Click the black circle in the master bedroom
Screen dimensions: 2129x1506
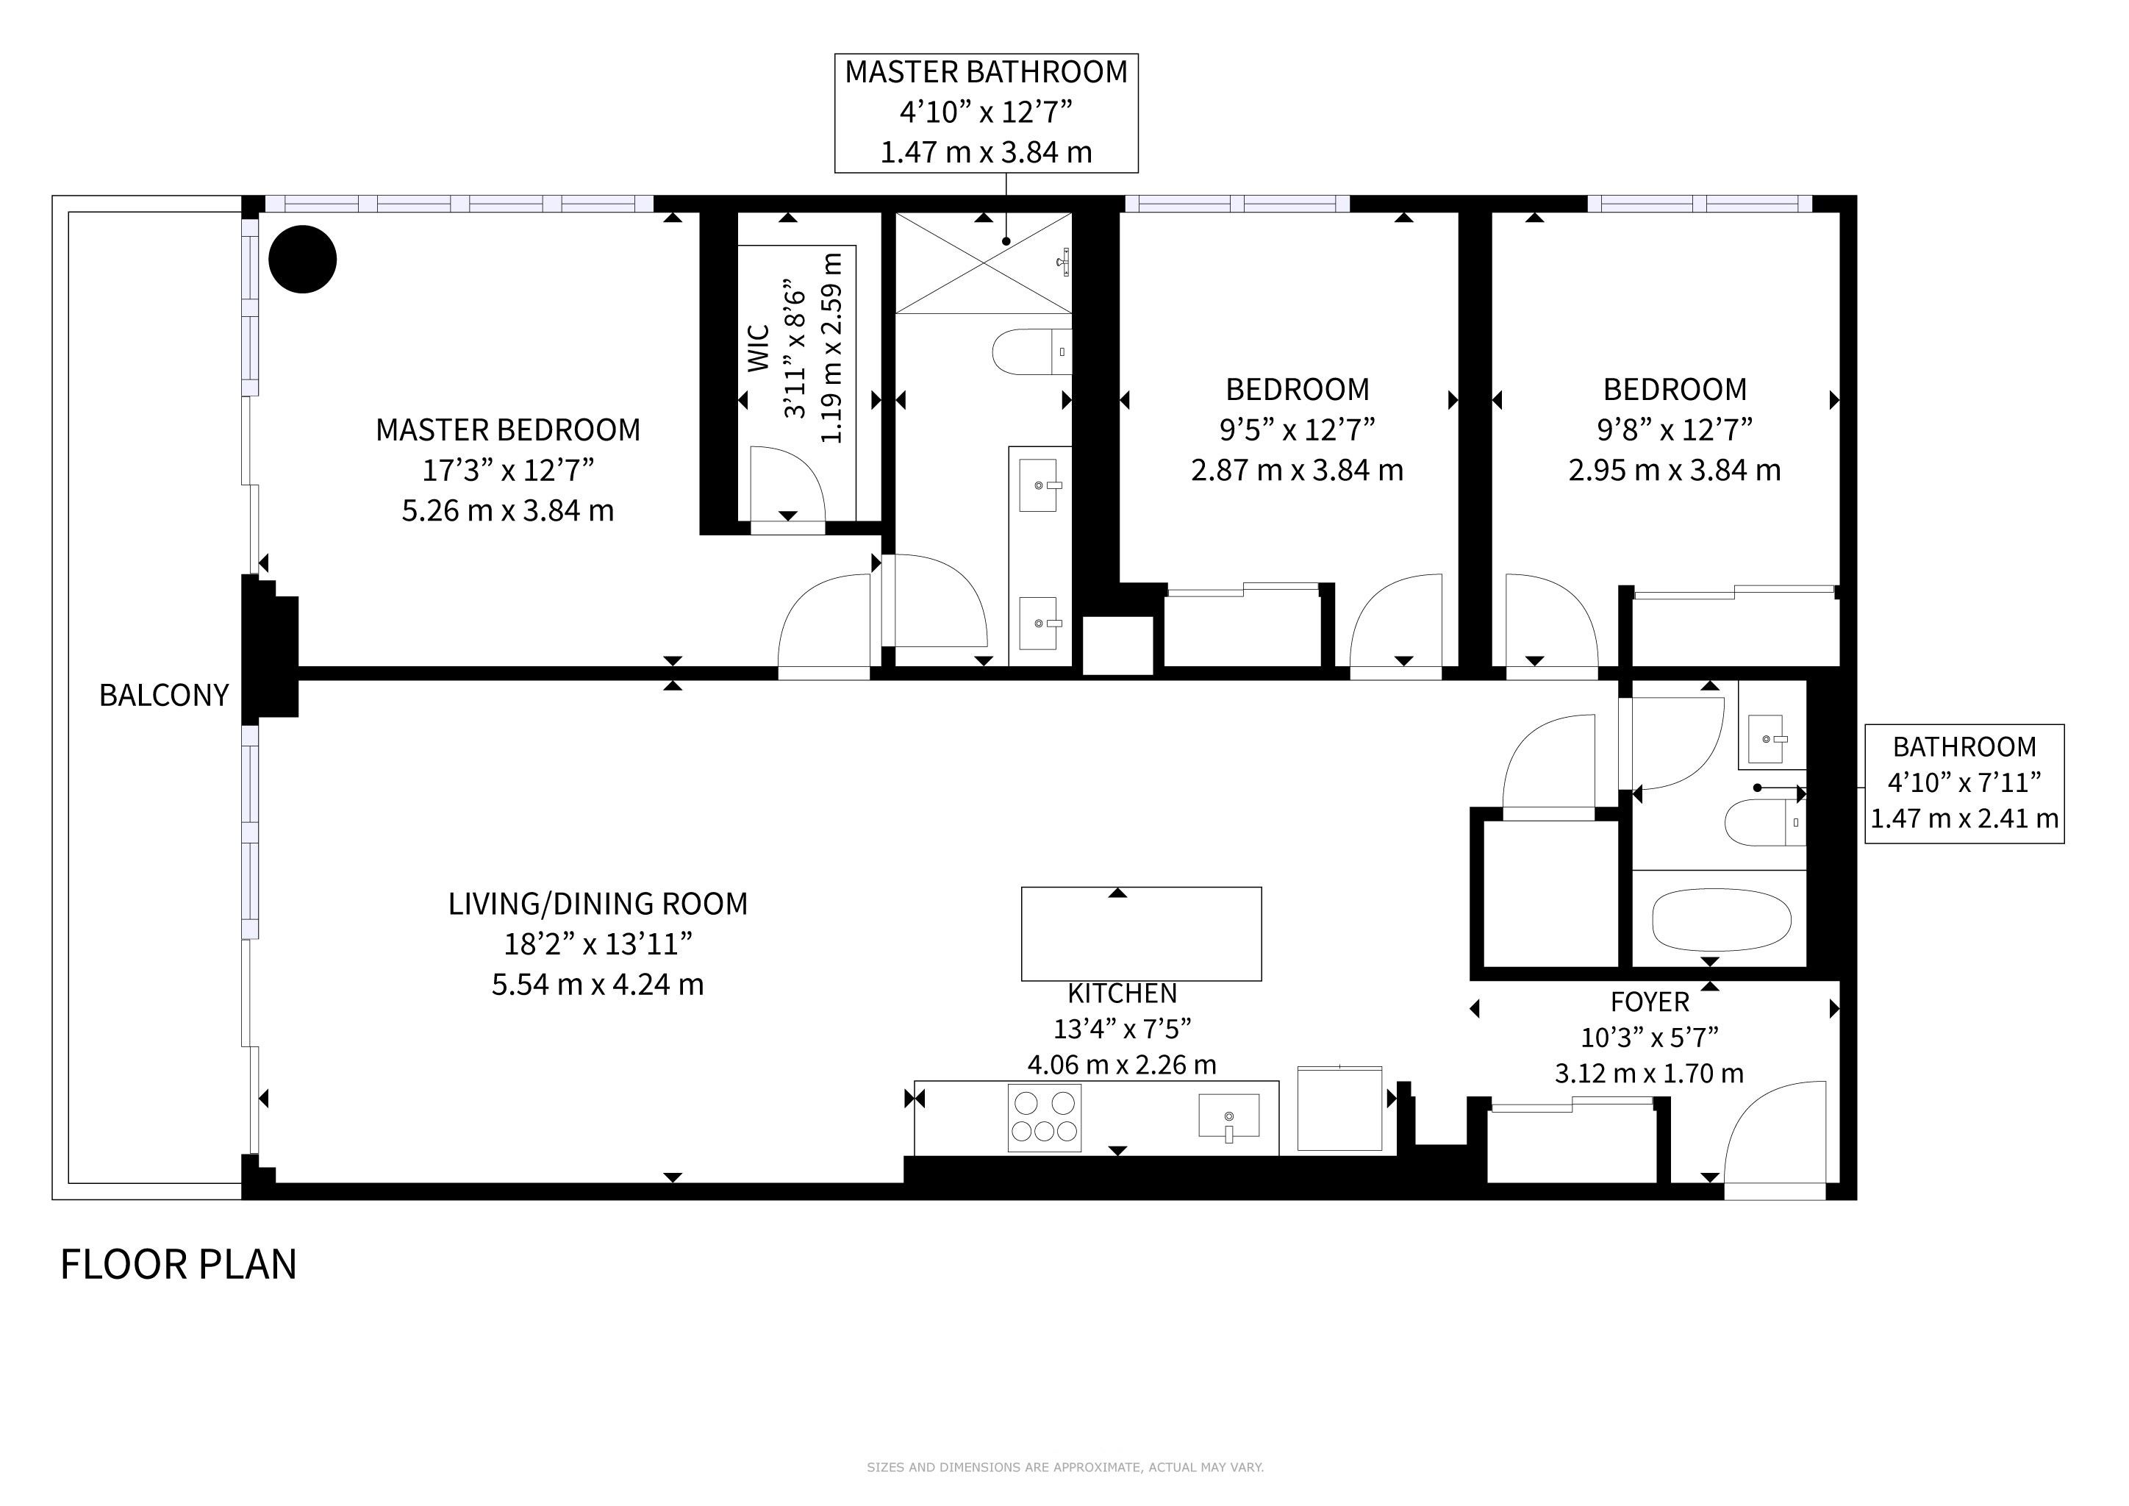pyautogui.click(x=302, y=260)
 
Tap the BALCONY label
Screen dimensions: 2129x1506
pyautogui.click(x=164, y=695)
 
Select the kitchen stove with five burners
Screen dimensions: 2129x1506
pyautogui.click(x=1044, y=1118)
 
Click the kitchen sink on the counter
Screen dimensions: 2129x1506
pyautogui.click(x=1228, y=1116)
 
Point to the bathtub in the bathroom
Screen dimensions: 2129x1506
pyautogui.click(x=1721, y=920)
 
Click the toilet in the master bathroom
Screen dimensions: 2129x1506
pyautogui.click(x=1032, y=351)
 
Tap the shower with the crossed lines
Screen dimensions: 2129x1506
pyautogui.click(x=983, y=263)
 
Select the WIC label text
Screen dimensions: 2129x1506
pyautogui.click(x=759, y=348)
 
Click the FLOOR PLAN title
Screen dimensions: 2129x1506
pyautogui.click(x=178, y=1264)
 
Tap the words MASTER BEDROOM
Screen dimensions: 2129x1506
pyautogui.click(x=508, y=430)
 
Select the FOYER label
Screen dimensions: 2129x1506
pyautogui.click(x=1650, y=1002)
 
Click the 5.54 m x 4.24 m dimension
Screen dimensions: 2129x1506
pyautogui.click(x=598, y=984)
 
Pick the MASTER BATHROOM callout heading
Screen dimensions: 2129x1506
pyautogui.click(x=986, y=71)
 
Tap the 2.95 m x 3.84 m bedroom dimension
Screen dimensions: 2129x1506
pyautogui.click(x=1675, y=470)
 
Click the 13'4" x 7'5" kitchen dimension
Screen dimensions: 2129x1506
pyautogui.click(x=1122, y=1029)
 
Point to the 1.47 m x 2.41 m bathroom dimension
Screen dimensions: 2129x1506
pyautogui.click(x=1964, y=819)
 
